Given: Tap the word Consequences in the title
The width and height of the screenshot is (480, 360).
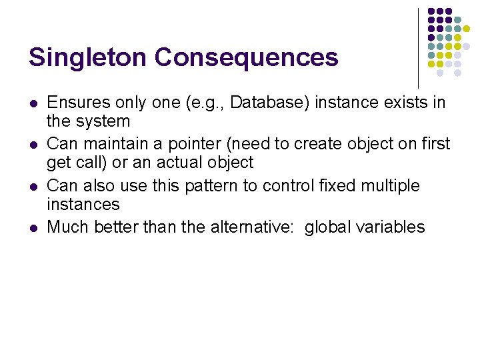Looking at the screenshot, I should tap(247, 57).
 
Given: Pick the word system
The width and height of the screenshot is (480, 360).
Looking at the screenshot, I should tap(103, 121).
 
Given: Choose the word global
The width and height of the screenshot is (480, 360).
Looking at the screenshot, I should tap(325, 227).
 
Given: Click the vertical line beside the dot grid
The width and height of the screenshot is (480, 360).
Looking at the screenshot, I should tap(418, 47).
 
